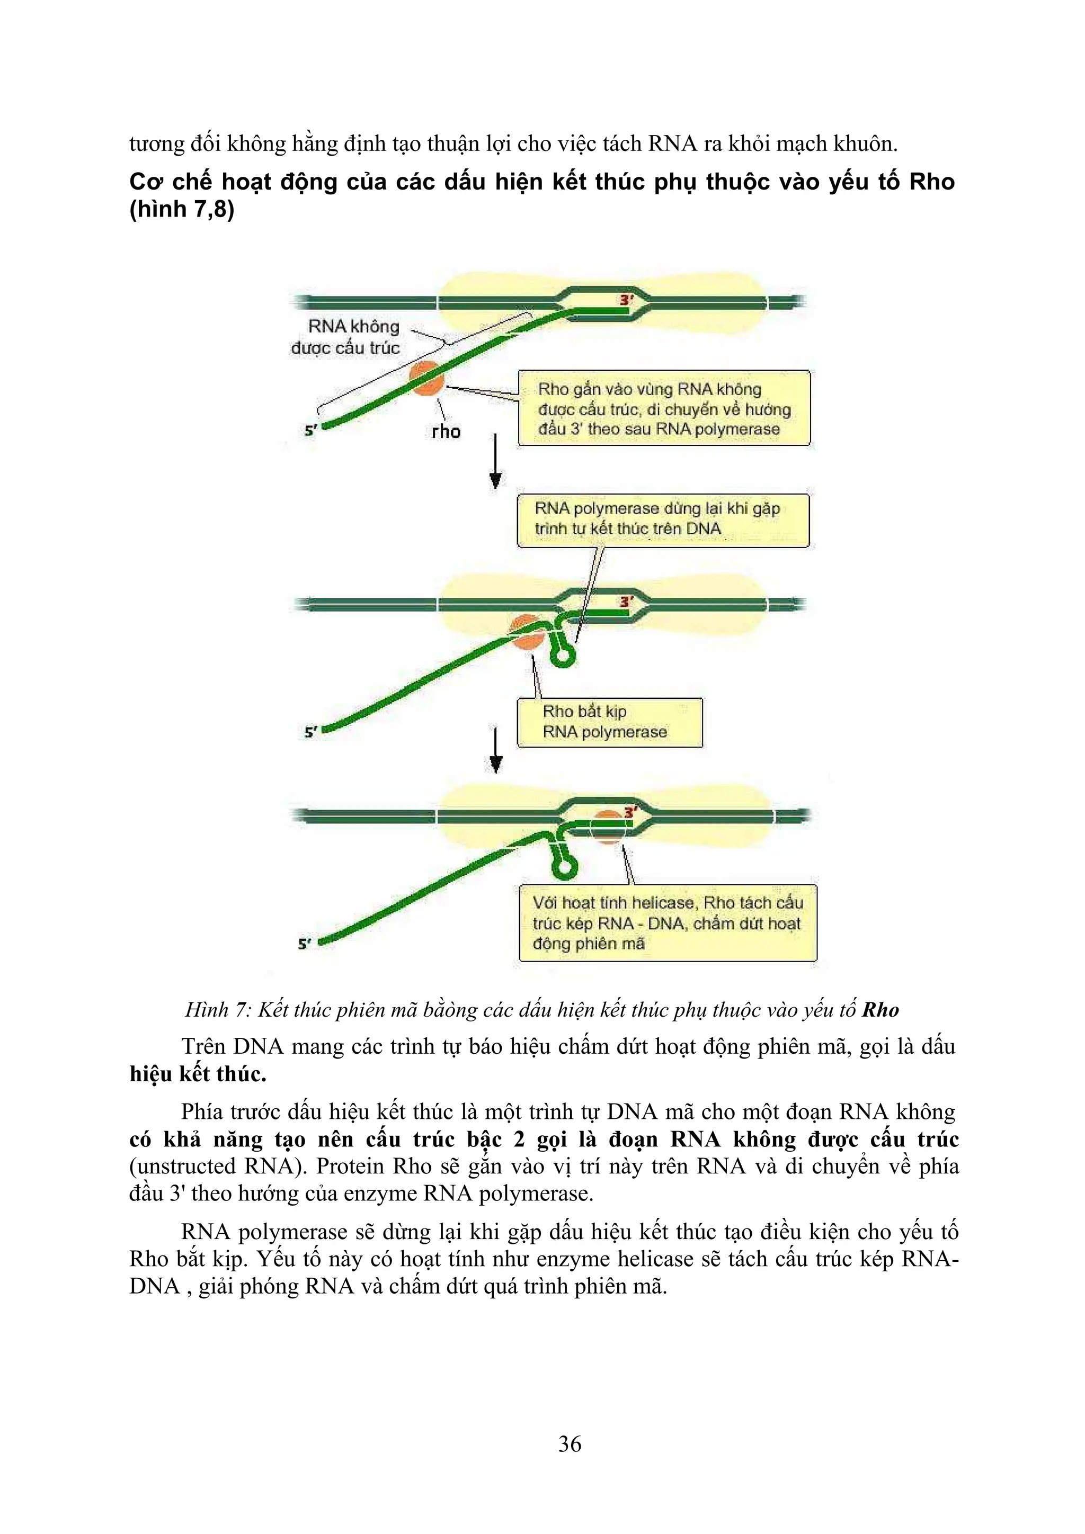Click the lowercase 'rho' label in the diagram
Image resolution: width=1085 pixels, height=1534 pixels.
pos(446,432)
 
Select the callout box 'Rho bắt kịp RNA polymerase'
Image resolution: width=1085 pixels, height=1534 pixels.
pos(609,722)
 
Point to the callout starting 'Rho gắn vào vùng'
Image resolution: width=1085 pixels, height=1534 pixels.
pos(664,408)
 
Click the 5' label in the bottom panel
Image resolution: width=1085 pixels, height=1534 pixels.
pos(304,944)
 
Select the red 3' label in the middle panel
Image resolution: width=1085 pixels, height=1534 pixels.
pos(626,602)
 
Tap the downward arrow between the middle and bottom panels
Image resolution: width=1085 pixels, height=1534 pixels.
pos(495,750)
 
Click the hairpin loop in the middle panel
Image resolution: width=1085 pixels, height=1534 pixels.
pos(564,656)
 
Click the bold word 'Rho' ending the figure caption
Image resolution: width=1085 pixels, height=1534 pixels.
pos(880,1010)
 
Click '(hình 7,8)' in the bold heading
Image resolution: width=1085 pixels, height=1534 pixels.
pos(182,209)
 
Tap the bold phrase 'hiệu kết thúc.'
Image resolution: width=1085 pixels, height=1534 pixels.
pos(198,1074)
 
